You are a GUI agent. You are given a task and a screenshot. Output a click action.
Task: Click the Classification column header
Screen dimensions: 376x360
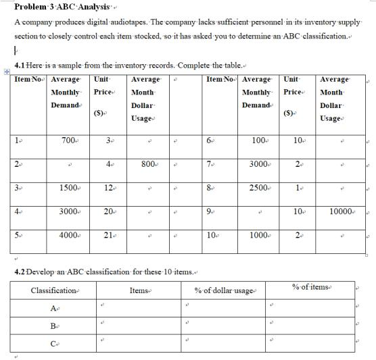(54, 290)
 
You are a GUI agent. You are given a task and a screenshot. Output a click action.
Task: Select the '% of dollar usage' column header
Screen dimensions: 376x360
(223, 290)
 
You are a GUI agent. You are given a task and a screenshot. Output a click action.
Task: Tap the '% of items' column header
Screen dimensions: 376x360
(310, 288)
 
